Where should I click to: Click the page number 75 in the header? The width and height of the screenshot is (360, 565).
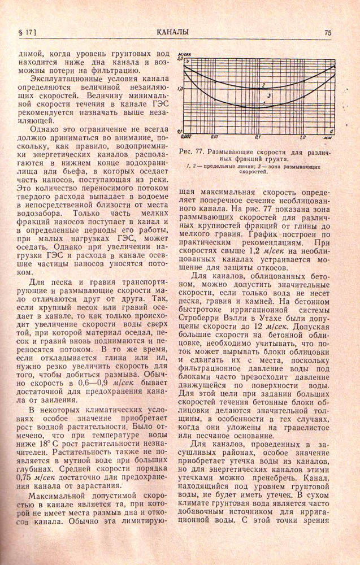click(327, 32)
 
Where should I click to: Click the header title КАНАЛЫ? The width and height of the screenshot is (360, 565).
click(174, 32)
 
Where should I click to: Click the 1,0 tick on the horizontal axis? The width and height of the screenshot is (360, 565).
click(302, 136)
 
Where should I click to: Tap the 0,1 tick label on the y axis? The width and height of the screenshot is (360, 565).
click(179, 131)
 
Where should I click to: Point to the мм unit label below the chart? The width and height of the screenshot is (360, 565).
click(326, 137)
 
